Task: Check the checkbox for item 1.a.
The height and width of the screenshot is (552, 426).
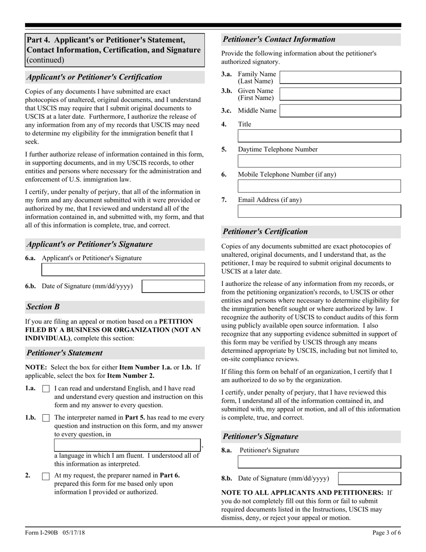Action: click(46, 389)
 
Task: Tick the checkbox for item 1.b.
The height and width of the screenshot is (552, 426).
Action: click(46, 418)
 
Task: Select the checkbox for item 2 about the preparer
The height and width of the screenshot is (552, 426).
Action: click(46, 476)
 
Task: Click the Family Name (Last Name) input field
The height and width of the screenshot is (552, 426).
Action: click(340, 77)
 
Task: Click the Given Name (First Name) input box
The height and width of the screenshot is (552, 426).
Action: click(340, 94)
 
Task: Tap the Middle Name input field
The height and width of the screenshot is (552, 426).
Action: click(340, 111)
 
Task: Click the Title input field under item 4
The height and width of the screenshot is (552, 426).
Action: click(319, 136)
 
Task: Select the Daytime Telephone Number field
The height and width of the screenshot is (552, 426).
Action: click(319, 161)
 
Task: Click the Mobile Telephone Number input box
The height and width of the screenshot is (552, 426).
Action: click(319, 186)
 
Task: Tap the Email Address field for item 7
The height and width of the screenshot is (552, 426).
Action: click(319, 211)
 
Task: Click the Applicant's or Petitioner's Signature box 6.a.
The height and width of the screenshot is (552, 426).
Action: click(123, 270)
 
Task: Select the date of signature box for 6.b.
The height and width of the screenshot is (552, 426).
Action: click(173, 286)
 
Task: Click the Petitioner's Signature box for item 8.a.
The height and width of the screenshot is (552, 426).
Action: click(319, 462)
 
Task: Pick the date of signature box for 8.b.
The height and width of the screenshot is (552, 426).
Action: click(369, 478)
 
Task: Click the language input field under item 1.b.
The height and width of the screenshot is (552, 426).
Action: click(127, 445)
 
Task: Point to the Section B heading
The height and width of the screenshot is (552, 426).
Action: click(43, 307)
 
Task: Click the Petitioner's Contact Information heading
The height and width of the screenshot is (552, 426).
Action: click(279, 39)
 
